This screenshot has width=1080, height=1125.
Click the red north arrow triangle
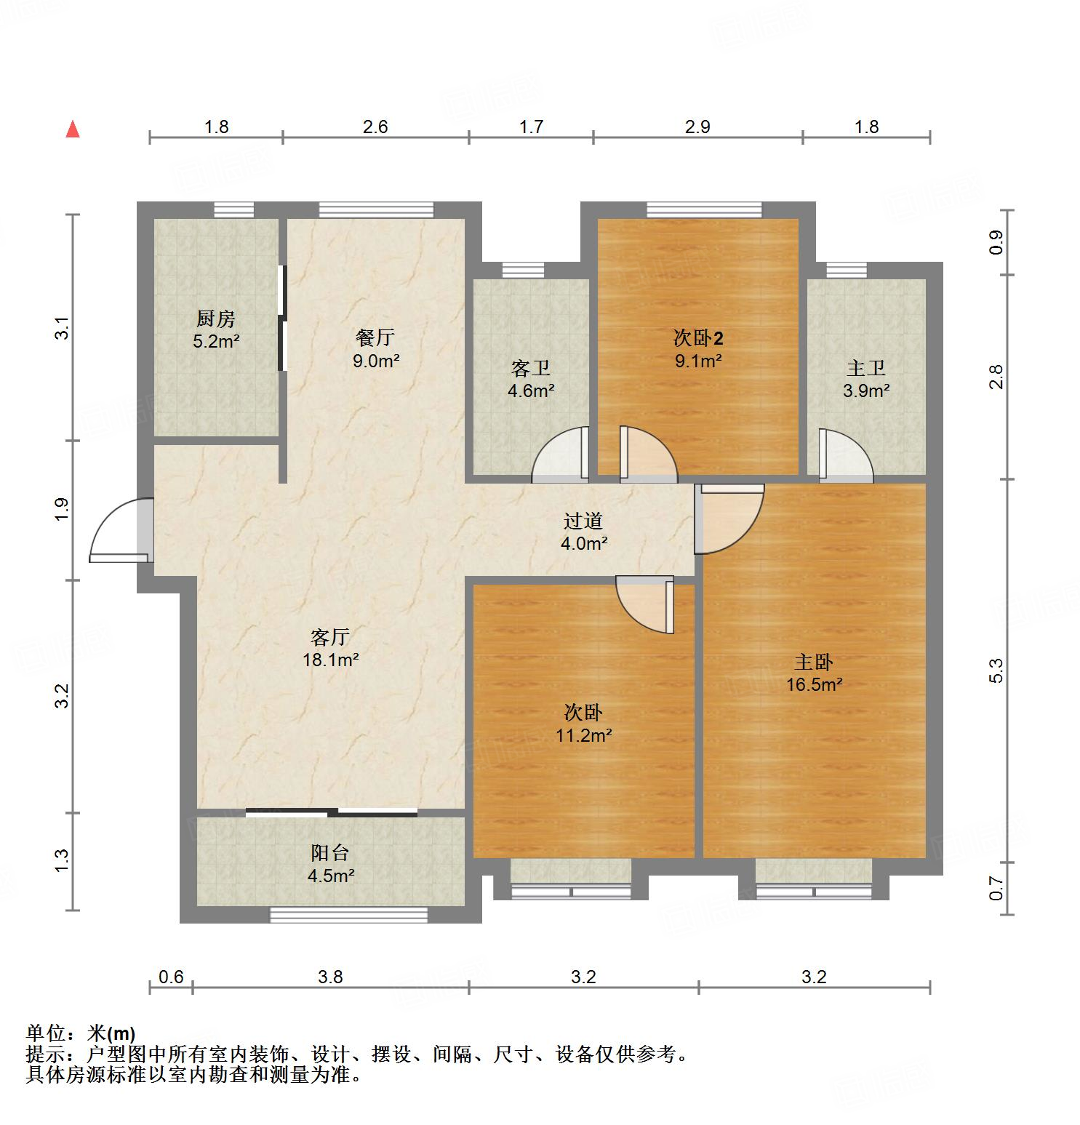pyautogui.click(x=73, y=129)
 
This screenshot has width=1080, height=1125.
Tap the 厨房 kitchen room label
pyautogui.click(x=216, y=329)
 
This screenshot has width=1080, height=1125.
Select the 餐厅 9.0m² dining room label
pyautogui.click(x=375, y=348)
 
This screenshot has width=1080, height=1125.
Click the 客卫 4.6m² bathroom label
pyautogui.click(x=531, y=379)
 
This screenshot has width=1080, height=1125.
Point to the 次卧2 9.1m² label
pyautogui.click(x=698, y=349)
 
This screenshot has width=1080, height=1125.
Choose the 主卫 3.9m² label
pyautogui.click(x=866, y=379)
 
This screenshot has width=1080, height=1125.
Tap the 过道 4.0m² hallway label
pyautogui.click(x=583, y=532)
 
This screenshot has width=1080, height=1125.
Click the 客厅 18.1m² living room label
pyautogui.click(x=331, y=648)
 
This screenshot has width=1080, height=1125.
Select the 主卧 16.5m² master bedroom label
pyautogui.click(x=814, y=673)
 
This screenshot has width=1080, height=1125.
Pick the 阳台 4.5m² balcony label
pyautogui.click(x=331, y=864)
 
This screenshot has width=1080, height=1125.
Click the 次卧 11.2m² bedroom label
pyautogui.click(x=583, y=724)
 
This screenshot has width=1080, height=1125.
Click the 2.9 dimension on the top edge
pyautogui.click(x=697, y=127)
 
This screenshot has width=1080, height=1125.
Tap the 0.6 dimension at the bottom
pyautogui.click(x=171, y=977)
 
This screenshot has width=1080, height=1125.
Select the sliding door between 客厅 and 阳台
pyautogui.click(x=331, y=812)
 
